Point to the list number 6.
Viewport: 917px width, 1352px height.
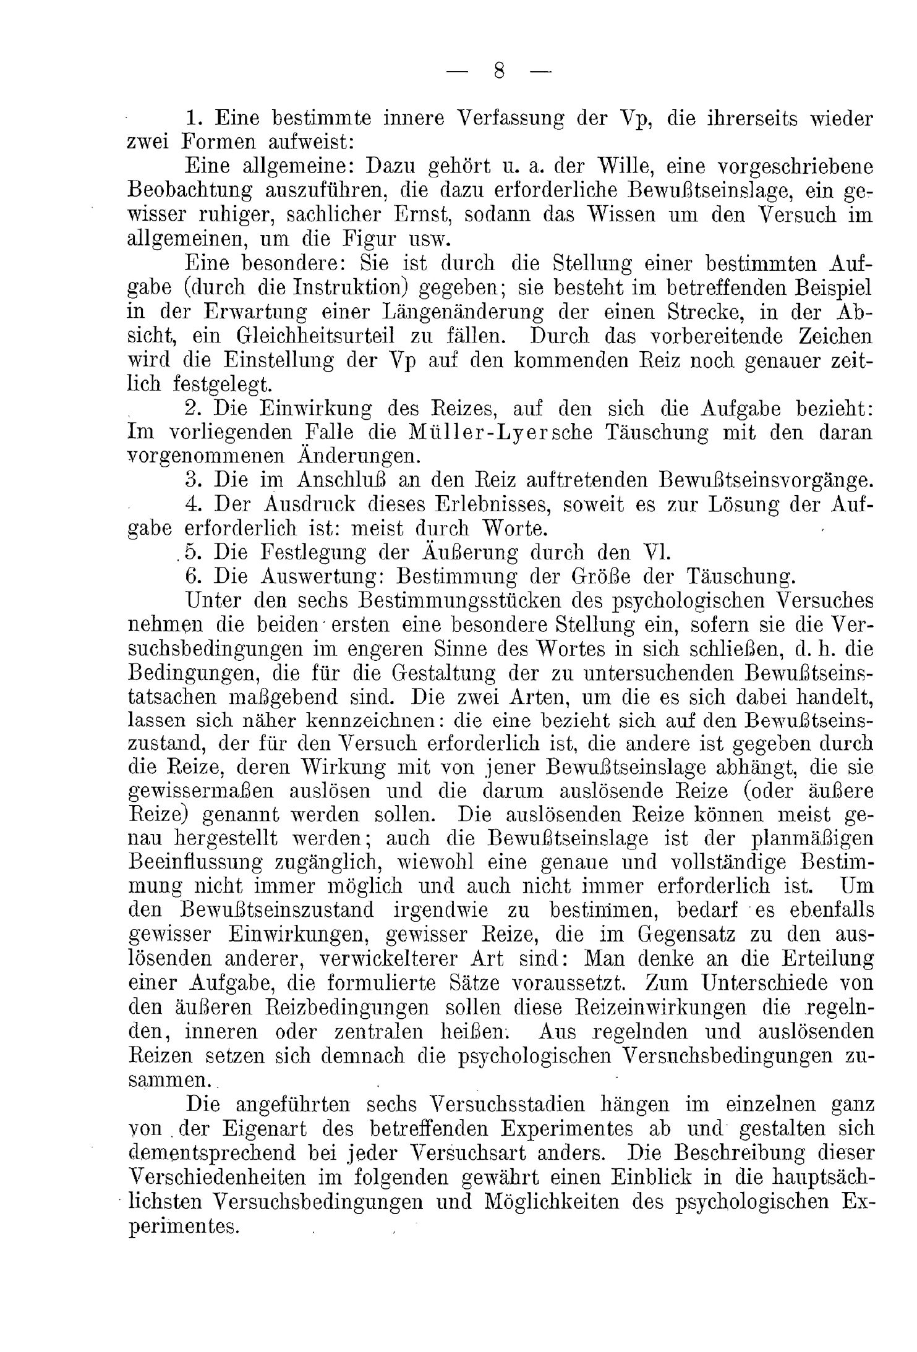(x=194, y=576)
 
